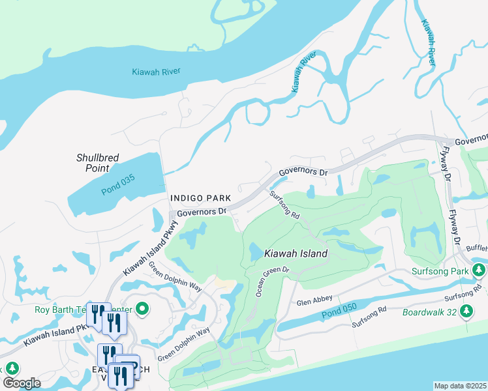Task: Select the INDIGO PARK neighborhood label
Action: pyautogui.click(x=196, y=197)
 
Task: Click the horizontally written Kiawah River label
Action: pyautogui.click(x=156, y=72)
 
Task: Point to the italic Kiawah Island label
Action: pyautogui.click(x=295, y=253)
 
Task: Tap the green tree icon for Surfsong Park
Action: pyautogui.click(x=480, y=270)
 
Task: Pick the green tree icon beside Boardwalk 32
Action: pyautogui.click(x=466, y=312)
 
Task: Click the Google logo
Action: pyautogui.click(x=22, y=383)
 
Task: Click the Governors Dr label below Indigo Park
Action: pyautogui.click(x=202, y=211)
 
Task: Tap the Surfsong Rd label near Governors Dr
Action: pyautogui.click(x=285, y=205)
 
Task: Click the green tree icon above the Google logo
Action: pyautogui.click(x=10, y=368)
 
